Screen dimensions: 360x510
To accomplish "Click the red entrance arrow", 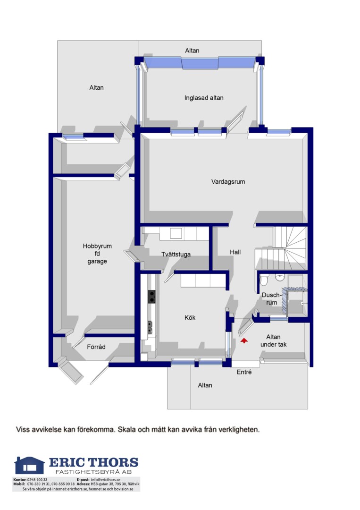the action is click(244, 340).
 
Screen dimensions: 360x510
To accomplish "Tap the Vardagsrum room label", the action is click(228, 182).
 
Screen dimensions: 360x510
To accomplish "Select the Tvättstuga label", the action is click(176, 255).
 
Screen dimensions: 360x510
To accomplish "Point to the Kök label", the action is click(190, 317).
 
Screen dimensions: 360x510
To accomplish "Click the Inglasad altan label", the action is click(204, 98).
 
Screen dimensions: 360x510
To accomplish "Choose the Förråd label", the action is click(96, 347).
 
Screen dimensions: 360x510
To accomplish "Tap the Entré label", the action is click(244, 372).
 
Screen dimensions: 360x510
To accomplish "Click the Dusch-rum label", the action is click(272, 299).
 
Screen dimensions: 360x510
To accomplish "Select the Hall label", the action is click(235, 252).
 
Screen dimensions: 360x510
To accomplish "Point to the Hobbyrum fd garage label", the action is click(97, 254).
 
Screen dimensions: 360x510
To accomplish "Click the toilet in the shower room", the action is click(263, 280).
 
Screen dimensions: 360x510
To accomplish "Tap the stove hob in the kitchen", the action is click(152, 297).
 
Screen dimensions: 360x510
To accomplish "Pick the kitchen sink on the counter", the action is click(150, 328).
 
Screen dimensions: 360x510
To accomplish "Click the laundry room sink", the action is click(176, 233).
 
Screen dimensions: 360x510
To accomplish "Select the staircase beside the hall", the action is click(281, 248).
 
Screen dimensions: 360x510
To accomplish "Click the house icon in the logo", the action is click(29, 465).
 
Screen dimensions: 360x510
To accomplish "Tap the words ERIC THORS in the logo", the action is click(93, 462).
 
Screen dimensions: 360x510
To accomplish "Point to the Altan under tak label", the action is click(273, 340).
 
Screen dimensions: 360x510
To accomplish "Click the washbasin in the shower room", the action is click(279, 277).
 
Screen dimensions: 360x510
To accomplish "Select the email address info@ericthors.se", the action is click(106, 480).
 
